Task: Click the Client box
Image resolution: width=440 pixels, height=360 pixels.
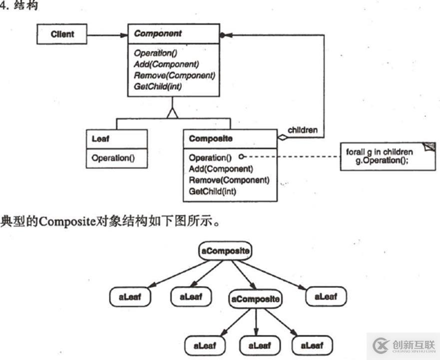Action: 62,34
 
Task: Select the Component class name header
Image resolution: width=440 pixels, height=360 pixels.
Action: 158,34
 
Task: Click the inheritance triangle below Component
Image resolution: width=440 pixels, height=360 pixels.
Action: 173,113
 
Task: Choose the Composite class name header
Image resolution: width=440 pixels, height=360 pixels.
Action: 211,138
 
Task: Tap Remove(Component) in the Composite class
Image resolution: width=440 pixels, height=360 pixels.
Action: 229,180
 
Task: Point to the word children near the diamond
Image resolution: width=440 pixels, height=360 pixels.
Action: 303,130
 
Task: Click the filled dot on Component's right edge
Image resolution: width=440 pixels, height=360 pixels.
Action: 222,35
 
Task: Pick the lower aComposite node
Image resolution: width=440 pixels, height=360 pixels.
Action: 255,299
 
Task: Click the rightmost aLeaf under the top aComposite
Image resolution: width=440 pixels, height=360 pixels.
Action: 326,296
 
